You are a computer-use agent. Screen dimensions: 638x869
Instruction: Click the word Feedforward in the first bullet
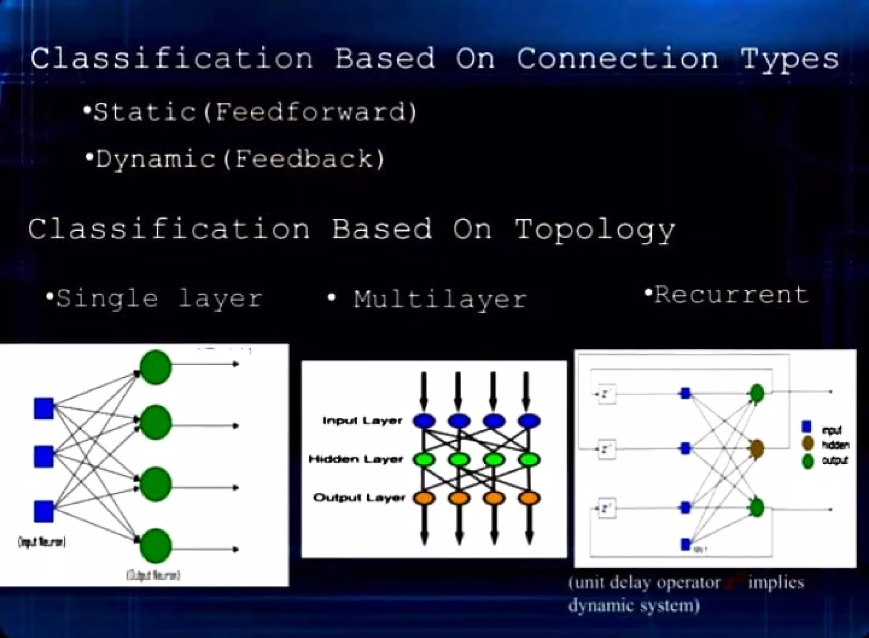point(310,113)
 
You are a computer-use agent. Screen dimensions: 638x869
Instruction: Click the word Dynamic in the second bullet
point(155,160)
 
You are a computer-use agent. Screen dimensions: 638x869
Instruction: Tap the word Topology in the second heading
point(594,230)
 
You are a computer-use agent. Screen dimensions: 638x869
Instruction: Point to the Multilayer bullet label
point(440,299)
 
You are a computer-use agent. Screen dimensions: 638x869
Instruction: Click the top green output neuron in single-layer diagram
point(156,367)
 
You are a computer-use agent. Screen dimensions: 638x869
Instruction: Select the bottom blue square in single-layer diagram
point(44,511)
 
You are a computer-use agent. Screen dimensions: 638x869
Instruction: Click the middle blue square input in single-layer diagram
point(44,456)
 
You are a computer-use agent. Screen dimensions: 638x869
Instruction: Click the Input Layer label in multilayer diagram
point(362,421)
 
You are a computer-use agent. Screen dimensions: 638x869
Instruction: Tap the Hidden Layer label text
point(356,459)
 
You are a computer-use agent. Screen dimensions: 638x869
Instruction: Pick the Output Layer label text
point(359,497)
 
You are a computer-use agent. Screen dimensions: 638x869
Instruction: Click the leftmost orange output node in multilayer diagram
point(424,498)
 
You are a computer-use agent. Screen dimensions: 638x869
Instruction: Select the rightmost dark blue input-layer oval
point(529,421)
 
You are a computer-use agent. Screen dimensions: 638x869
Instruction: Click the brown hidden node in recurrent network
point(757,449)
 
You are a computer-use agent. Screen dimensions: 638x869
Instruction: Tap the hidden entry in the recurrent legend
point(835,445)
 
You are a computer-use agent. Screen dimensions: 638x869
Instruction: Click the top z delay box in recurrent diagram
point(606,394)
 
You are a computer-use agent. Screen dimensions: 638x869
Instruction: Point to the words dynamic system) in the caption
point(634,605)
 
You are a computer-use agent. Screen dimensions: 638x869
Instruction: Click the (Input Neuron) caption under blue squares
point(42,542)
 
